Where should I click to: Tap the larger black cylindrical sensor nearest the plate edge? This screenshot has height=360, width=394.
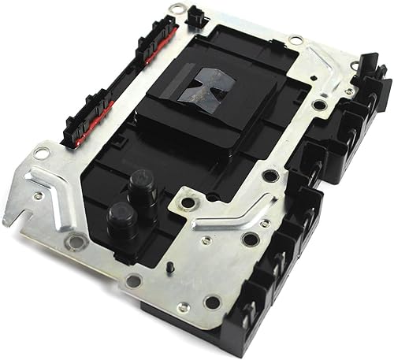[121, 216]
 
